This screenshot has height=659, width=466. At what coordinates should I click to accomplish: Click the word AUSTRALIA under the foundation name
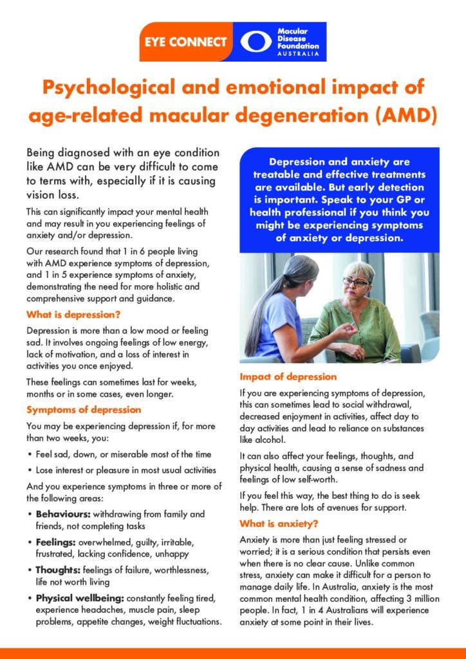tap(297, 54)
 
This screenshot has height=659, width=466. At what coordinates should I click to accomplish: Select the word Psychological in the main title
tap(118, 88)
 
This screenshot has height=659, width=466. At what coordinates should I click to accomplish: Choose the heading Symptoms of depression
tap(84, 409)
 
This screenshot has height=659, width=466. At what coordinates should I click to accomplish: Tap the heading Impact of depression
tap(288, 376)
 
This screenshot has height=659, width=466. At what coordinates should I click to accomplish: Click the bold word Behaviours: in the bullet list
tap(63, 514)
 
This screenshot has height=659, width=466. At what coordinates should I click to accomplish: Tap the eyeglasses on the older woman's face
tap(355, 281)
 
